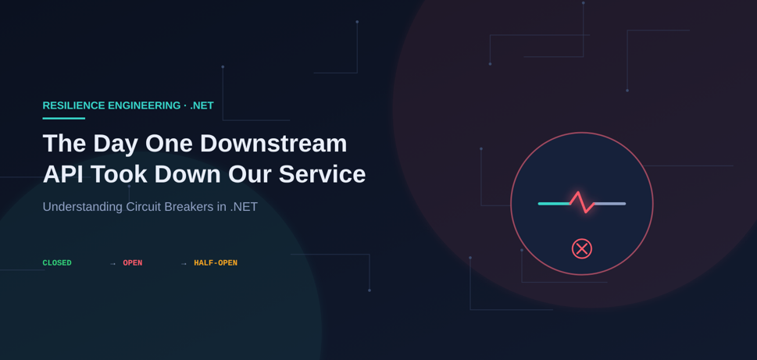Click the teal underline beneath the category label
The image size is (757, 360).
[64, 118]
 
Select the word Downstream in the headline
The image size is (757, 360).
[273, 144]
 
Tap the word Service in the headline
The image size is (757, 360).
[322, 174]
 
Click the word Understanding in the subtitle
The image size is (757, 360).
[83, 207]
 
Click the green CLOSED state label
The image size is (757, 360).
[57, 263]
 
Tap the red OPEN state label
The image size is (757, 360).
[133, 263]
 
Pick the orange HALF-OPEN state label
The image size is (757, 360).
[216, 263]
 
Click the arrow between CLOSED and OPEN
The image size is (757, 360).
[113, 263]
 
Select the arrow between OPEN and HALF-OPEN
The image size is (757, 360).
[184, 263]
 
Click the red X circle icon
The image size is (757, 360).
[582, 248]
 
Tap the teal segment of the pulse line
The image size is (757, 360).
[554, 204]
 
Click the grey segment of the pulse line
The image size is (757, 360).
[610, 204]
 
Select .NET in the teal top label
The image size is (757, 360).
[202, 105]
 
